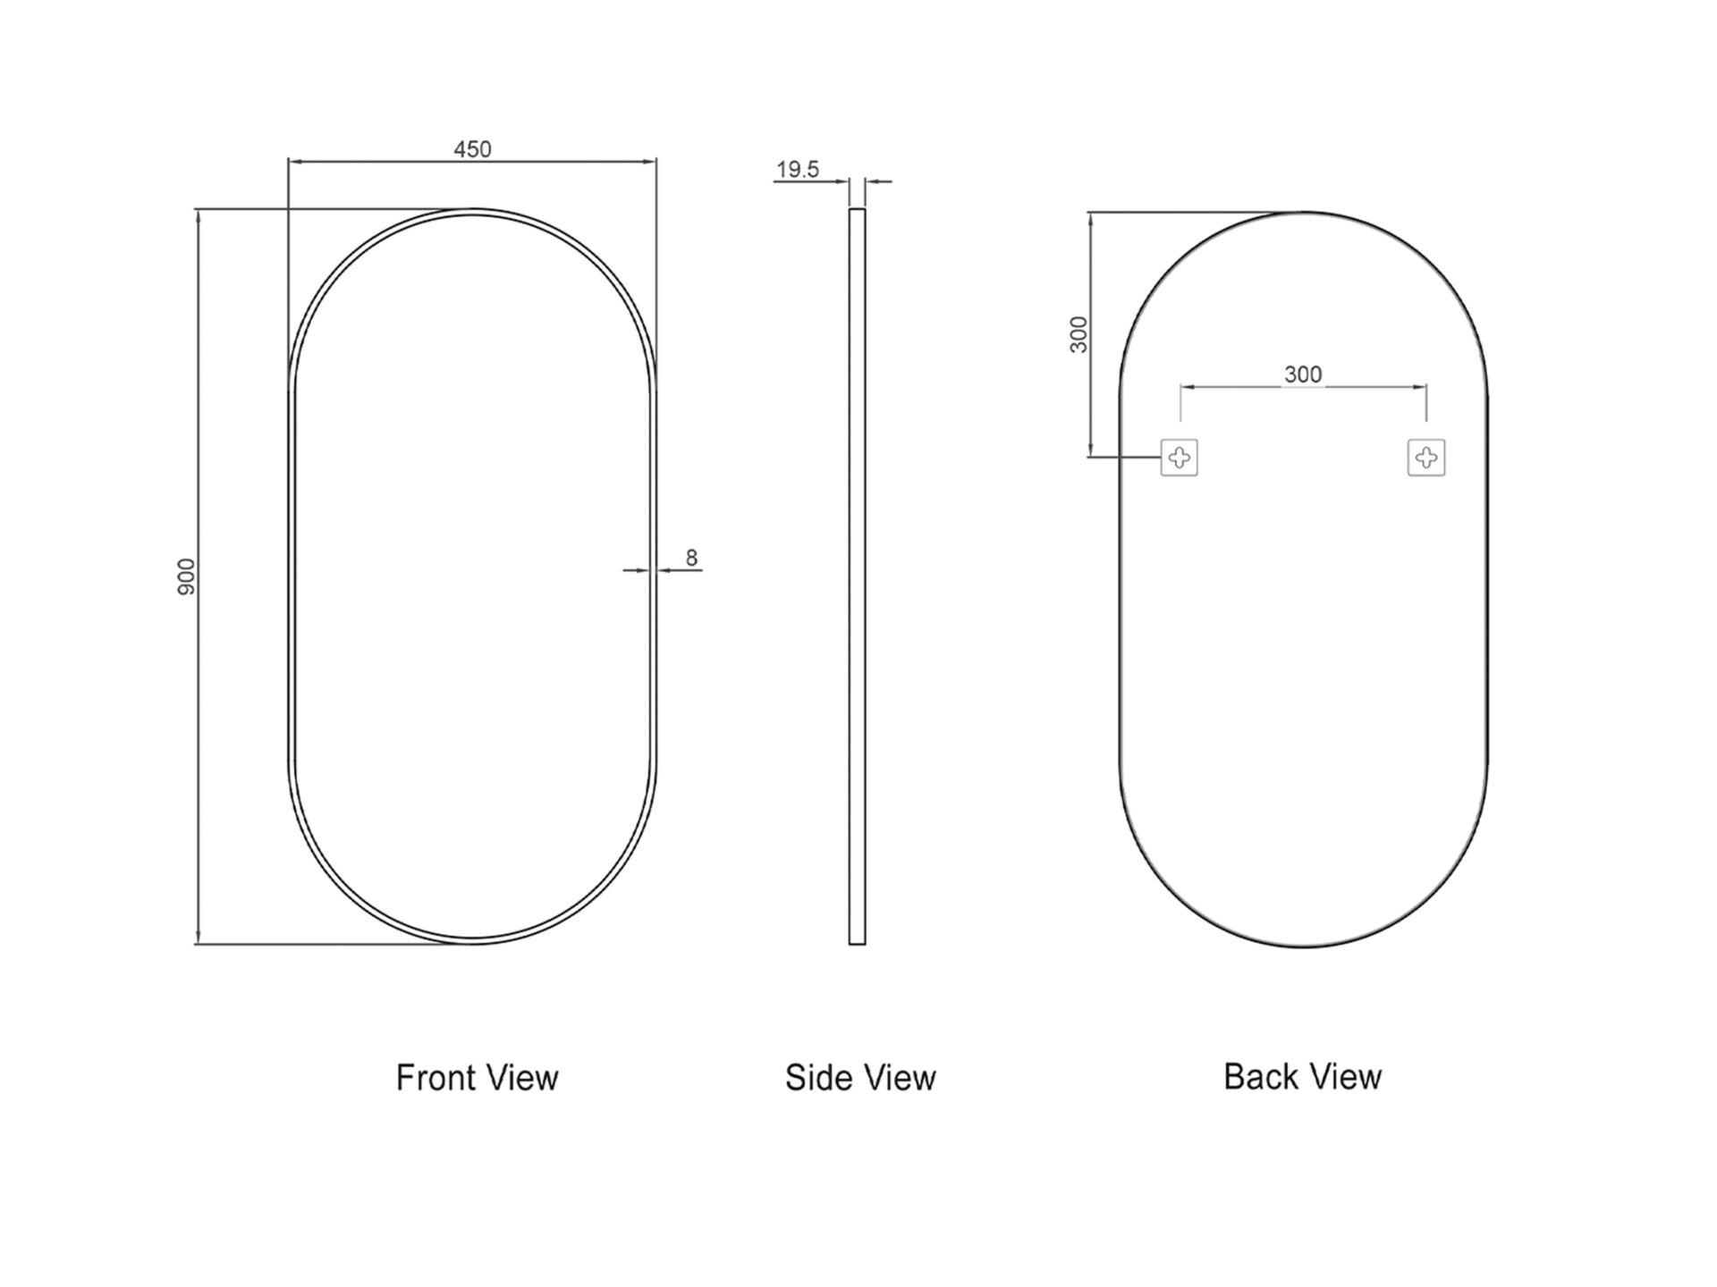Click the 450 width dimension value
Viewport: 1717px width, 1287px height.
[472, 149]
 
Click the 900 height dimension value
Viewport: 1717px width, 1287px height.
[186, 576]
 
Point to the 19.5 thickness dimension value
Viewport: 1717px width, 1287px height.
[798, 170]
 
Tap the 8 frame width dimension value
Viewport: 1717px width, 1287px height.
[691, 558]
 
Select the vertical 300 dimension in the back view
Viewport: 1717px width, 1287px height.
[1079, 334]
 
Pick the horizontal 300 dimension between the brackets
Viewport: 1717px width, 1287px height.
[1303, 374]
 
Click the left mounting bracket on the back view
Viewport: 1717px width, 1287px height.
[1180, 458]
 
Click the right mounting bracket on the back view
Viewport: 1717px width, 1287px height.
[1426, 458]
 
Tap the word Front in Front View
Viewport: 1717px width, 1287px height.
[436, 1078]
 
